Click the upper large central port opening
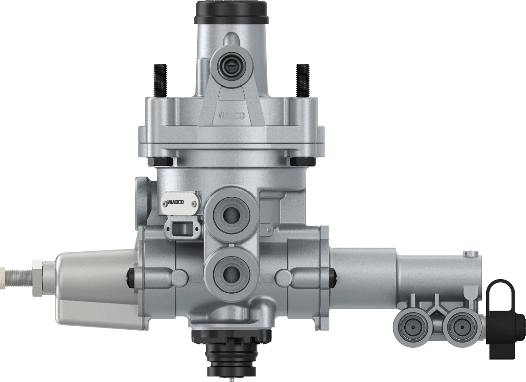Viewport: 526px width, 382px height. [231, 214]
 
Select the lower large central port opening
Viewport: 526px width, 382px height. [231, 272]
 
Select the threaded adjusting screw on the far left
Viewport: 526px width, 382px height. [19, 272]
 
